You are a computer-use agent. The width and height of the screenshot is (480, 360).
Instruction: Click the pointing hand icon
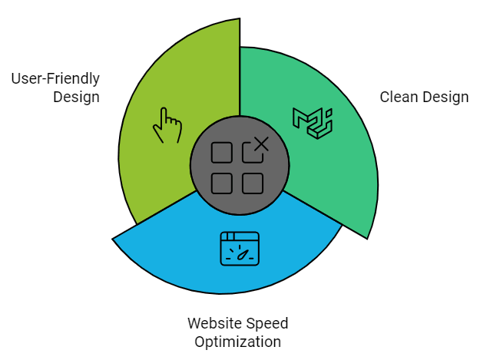tap(167, 125)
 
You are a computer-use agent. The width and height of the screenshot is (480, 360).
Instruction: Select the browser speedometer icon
tap(240, 249)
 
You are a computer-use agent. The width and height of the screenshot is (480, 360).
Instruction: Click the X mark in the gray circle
tap(260, 144)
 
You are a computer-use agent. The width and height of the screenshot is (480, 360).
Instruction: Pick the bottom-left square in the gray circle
tap(222, 183)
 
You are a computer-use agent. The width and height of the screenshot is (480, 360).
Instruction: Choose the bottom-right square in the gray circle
tap(253, 183)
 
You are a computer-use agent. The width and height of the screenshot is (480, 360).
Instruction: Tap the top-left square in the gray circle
tap(222, 152)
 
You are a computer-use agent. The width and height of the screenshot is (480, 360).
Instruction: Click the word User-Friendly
tap(55, 79)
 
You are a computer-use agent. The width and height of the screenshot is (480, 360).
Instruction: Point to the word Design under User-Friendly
tap(76, 97)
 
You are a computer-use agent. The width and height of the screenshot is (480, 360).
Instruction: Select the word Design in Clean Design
tap(445, 97)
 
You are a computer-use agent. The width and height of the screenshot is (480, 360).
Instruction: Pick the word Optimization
tap(238, 342)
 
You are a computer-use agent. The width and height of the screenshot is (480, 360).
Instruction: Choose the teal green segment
tap(338, 177)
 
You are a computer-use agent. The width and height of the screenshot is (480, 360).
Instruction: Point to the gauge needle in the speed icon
tap(243, 251)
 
